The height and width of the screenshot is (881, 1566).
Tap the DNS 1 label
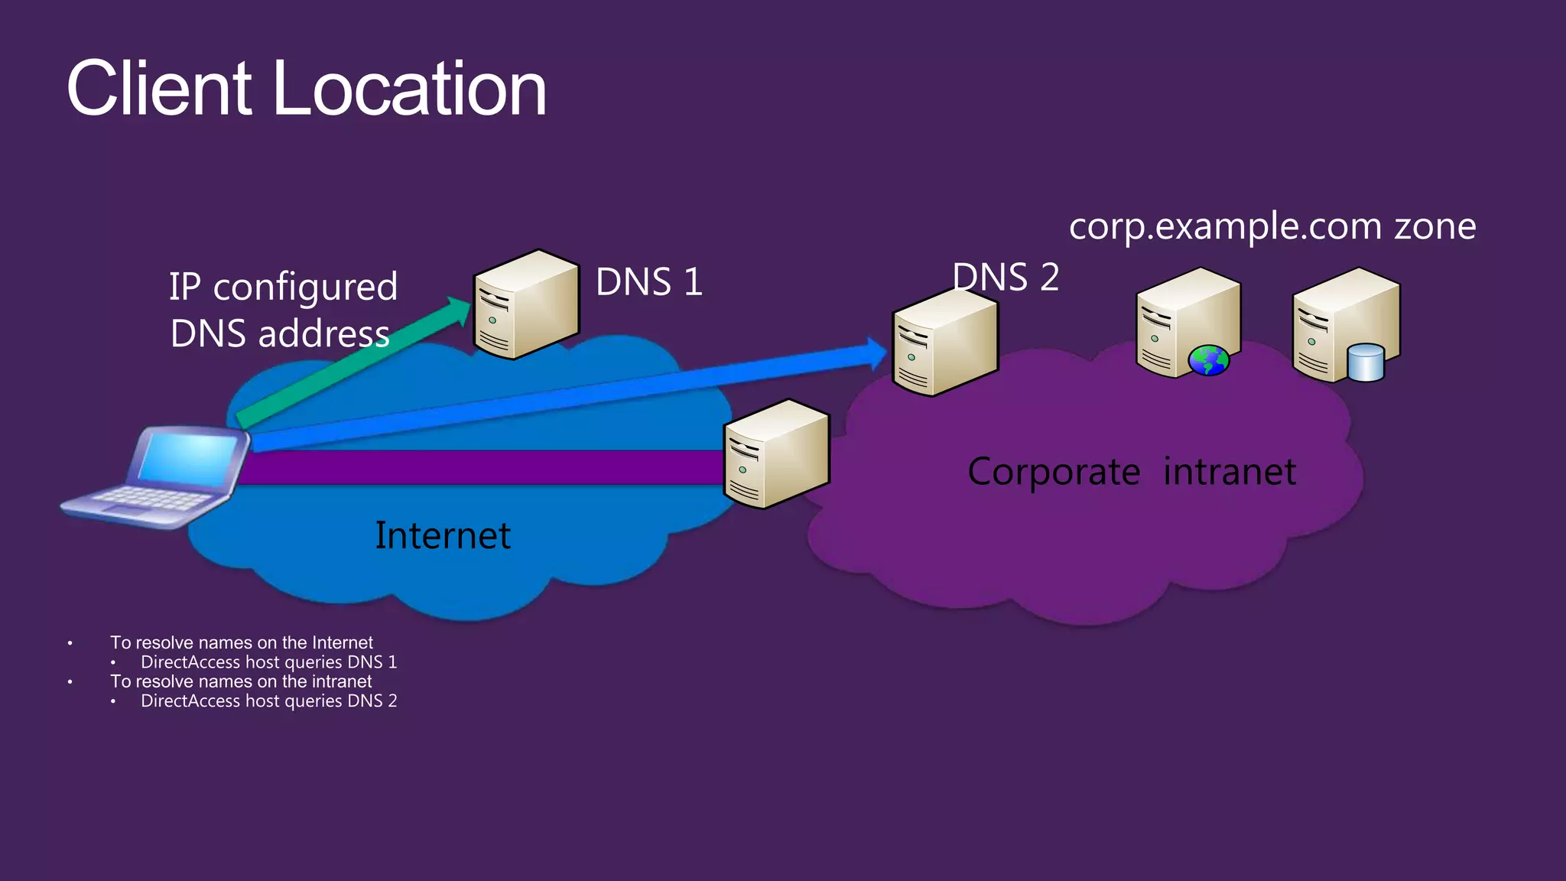[x=648, y=281]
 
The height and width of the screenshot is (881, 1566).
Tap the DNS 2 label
[x=1006, y=276]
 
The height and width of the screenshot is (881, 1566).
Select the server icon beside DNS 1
[x=525, y=304]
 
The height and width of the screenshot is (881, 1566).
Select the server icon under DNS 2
[x=944, y=342]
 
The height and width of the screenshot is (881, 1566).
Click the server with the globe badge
[x=1187, y=321]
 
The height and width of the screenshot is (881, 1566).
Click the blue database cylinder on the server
[x=1366, y=362]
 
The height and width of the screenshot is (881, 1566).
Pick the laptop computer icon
[x=157, y=477]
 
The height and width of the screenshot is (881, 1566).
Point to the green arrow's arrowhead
[x=460, y=309]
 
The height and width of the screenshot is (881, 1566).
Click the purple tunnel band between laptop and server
[x=474, y=467]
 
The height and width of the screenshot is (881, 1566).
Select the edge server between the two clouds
[x=776, y=454]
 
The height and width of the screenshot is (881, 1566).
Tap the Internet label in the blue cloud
[x=442, y=535]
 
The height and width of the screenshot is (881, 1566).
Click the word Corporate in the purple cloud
[x=1053, y=471]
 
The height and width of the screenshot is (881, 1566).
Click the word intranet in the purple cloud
[x=1229, y=471]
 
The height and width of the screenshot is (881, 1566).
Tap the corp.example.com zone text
[x=1272, y=226]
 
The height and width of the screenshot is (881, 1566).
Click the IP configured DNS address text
[x=283, y=310]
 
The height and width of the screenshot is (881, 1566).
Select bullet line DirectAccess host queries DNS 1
[x=268, y=662]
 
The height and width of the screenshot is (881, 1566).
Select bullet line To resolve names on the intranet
[x=241, y=681]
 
